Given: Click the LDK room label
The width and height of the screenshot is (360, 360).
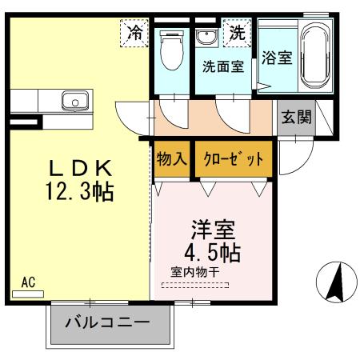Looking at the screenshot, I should (x=79, y=170).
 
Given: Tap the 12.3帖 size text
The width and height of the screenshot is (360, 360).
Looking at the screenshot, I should (x=79, y=191).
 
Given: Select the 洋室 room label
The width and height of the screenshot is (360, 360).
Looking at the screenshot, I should (x=212, y=228).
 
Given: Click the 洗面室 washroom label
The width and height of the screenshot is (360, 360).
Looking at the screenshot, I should (x=222, y=67).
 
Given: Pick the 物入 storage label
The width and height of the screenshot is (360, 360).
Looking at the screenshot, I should (x=172, y=158).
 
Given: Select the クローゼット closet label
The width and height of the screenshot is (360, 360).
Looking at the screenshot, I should (x=233, y=158).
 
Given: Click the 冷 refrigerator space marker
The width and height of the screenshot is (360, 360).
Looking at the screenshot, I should (x=136, y=34).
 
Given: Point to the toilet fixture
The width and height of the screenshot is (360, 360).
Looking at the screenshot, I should (x=170, y=52).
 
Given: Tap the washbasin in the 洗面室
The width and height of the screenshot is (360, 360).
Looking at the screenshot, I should (x=206, y=38).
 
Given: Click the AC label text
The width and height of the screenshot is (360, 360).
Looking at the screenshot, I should (x=29, y=282).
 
